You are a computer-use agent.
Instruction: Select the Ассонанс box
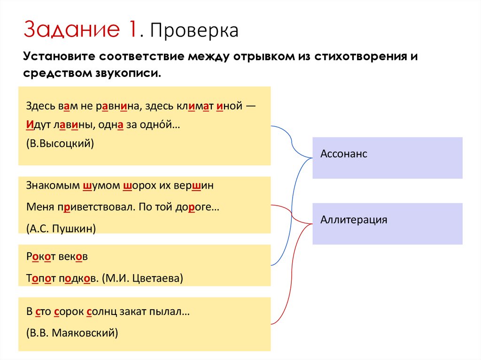(x=387, y=158)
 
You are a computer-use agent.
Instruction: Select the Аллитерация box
(x=387, y=223)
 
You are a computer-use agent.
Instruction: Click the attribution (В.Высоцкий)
(x=61, y=144)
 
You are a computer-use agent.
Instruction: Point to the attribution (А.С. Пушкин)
(x=62, y=229)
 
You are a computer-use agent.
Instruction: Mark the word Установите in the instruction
(x=57, y=57)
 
